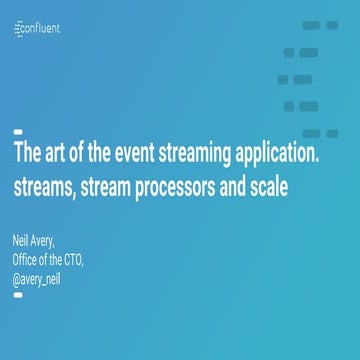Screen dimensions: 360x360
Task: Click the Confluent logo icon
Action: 20,30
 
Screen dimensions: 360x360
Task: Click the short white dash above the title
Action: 18,132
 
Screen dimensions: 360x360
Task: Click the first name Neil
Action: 22,242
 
